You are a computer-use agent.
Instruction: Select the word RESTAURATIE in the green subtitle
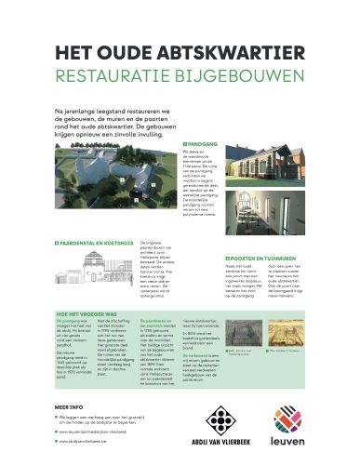[x=112, y=73]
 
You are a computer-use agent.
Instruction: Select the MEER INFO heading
[x=69, y=407]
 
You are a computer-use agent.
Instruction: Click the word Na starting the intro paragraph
[x=60, y=110]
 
